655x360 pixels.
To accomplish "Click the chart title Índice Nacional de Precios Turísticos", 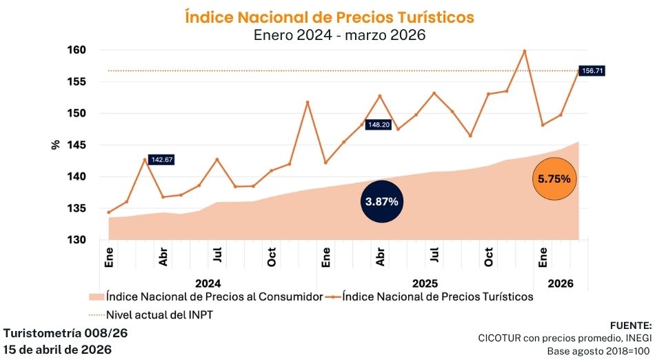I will click(x=330, y=17).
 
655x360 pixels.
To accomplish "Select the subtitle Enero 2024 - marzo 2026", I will click(x=330, y=35).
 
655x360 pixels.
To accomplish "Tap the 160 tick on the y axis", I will click(x=77, y=50).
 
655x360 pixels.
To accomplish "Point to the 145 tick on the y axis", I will click(x=77, y=145).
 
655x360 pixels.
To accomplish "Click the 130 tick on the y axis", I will click(x=77, y=240).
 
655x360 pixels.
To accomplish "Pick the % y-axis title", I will click(x=55, y=145).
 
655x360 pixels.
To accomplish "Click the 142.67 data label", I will click(x=161, y=159).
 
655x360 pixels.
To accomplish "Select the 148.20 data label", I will click(x=377, y=125).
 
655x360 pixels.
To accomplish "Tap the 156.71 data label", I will click(x=592, y=70).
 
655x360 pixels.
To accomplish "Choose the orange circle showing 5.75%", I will click(x=554, y=179).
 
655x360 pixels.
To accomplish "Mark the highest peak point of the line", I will click(x=525, y=50).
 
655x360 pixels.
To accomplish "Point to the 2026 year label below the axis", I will click(x=561, y=283).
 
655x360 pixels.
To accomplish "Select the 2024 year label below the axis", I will click(x=208, y=283).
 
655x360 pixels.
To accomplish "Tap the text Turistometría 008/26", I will click(x=65, y=332).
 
